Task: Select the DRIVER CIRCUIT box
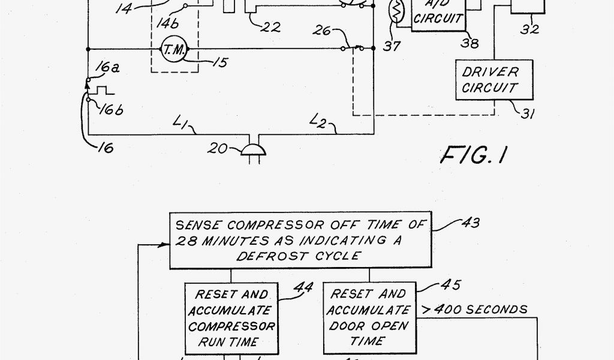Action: click(489, 79)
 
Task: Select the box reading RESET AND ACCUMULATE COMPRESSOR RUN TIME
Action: click(231, 319)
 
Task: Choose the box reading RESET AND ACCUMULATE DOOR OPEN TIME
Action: click(368, 317)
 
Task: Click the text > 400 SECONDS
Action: click(473, 310)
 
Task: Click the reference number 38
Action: click(469, 42)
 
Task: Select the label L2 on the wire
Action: click(318, 123)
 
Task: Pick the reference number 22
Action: click(270, 27)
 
